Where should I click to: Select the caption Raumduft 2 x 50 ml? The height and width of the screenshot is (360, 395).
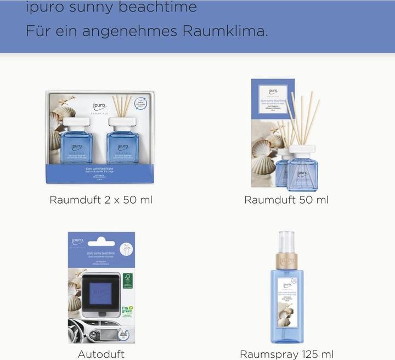[x=101, y=200]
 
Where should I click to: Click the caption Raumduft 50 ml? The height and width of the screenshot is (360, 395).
[x=286, y=200]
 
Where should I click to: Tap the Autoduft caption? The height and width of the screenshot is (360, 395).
[x=101, y=354]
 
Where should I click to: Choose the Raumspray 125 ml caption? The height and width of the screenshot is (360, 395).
[x=286, y=354]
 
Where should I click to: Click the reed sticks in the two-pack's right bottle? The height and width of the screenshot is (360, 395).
[x=122, y=105]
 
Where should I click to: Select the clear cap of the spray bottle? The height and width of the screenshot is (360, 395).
[x=286, y=243]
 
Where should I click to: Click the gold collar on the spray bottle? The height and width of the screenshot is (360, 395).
[x=286, y=261]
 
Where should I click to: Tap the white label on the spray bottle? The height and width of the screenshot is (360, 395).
[x=286, y=302]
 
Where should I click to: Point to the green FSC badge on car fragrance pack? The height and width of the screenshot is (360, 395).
[x=128, y=280]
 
